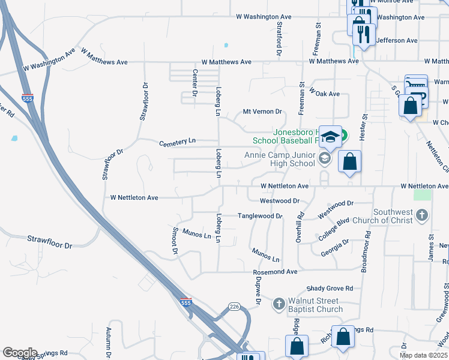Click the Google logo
pyautogui.click(x=19, y=353)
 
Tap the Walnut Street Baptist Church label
pyautogui.click(x=315, y=305)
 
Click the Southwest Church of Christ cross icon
pyautogui.click(x=422, y=215)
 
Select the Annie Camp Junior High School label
pyautogui.click(x=280, y=159)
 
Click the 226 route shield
pyautogui.click(x=234, y=307)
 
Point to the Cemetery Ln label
pyautogui.click(x=177, y=143)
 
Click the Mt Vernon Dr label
pyautogui.click(x=262, y=112)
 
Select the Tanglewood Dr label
pyautogui.click(x=260, y=216)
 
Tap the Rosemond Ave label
pyautogui.click(x=275, y=272)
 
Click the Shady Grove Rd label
pyautogui.click(x=329, y=289)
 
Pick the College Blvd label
pyautogui.click(x=334, y=230)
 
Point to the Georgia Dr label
pyautogui.click(x=335, y=247)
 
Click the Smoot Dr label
pyautogui.click(x=175, y=240)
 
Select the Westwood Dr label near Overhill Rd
pyautogui.click(x=279, y=200)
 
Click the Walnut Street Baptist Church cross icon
pyautogui.click(x=279, y=304)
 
